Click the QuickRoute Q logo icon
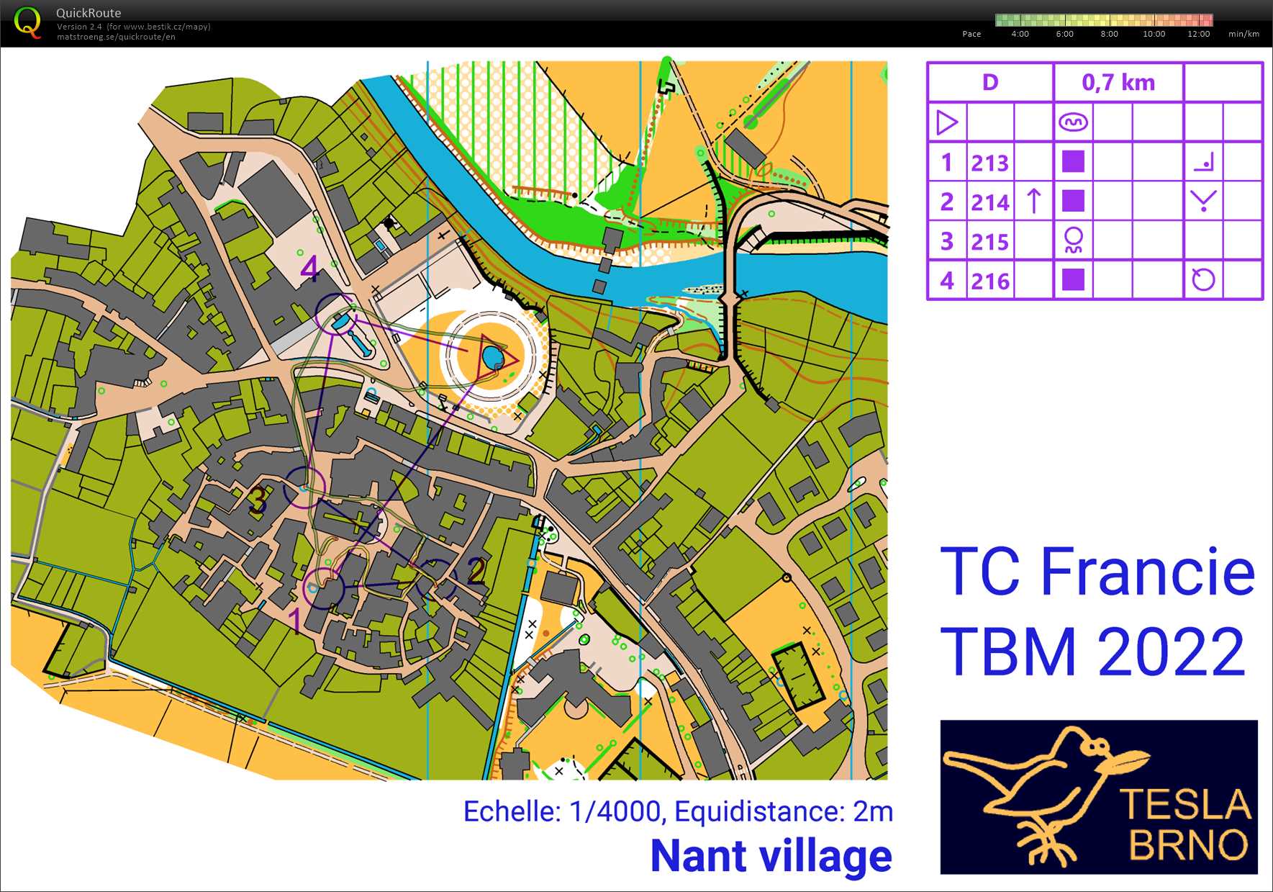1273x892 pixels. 27,22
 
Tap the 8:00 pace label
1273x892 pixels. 1109,34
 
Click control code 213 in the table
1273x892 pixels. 989,163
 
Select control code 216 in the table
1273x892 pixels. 989,281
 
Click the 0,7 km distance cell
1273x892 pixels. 1118,83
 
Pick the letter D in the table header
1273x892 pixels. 990,83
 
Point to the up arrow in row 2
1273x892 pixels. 1033,201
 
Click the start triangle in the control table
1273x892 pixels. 946,122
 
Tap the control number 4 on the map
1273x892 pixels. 309,268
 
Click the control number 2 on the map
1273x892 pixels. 476,570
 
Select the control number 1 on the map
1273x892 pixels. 295,619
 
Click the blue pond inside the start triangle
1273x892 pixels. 492,356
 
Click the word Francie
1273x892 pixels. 1147,572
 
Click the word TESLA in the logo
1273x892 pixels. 1185,805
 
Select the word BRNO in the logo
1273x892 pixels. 1188,845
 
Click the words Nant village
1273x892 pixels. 771,856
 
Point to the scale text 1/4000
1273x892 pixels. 615,812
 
